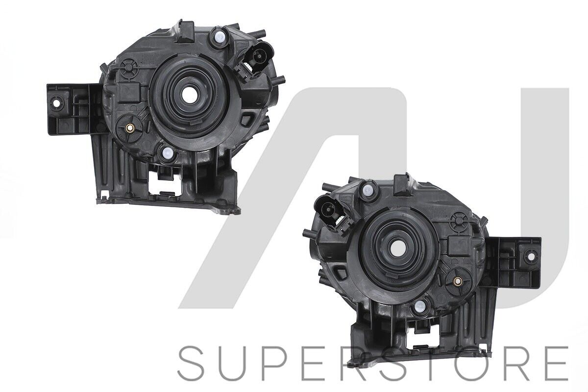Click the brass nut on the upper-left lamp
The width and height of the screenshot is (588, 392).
pyautogui.click(x=130, y=128)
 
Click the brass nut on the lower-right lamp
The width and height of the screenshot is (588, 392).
pyautogui.click(x=457, y=282)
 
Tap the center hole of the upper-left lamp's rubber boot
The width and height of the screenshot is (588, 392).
pyautogui.click(x=190, y=94)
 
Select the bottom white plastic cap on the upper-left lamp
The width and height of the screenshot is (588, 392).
pyautogui.click(x=167, y=153)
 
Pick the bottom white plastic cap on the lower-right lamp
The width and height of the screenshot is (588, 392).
pyautogui.click(x=420, y=306)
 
